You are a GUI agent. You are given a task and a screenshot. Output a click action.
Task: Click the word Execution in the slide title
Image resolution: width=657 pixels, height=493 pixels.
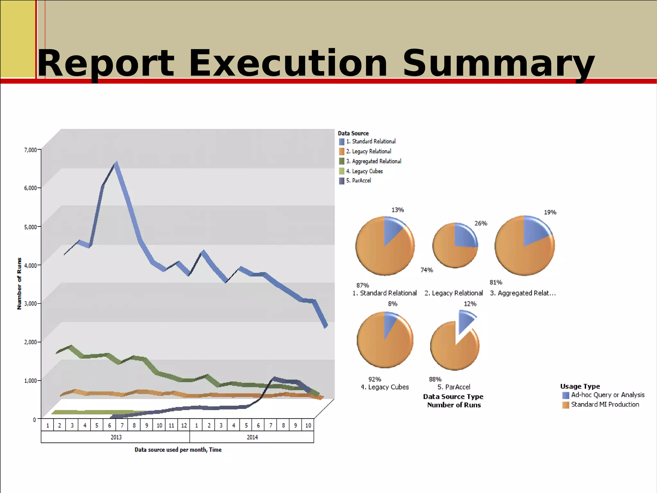click(x=288, y=63)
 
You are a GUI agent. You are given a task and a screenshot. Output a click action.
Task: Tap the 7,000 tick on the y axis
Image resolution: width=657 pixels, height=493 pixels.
click(x=30, y=150)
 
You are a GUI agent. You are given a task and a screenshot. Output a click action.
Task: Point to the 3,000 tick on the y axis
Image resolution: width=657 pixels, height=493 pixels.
click(x=30, y=304)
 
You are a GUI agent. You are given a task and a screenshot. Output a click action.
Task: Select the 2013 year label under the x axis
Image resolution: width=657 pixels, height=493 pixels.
click(x=116, y=437)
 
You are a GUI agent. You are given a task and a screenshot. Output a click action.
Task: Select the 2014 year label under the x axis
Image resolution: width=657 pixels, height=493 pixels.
click(x=252, y=437)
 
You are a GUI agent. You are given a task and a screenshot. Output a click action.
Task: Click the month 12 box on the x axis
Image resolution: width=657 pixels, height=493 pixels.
click(x=184, y=425)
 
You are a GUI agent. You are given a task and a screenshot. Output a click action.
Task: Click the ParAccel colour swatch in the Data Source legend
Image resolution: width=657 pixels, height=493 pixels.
click(x=342, y=181)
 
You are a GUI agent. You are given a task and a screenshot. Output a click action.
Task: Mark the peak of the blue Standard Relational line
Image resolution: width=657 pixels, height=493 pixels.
click(x=116, y=163)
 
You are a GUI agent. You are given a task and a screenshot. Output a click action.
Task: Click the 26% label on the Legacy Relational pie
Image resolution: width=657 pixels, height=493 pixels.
click(x=481, y=223)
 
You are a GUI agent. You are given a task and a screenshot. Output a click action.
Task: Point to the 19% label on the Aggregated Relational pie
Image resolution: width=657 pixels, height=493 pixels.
click(x=550, y=212)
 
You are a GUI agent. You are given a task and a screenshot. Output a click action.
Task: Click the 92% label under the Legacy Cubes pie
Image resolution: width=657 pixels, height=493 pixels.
click(x=374, y=379)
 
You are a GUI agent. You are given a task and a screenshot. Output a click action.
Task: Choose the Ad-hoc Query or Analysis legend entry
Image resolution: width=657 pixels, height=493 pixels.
click(x=607, y=395)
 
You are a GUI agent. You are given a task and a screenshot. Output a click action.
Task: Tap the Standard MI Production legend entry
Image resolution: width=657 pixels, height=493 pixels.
click(x=605, y=404)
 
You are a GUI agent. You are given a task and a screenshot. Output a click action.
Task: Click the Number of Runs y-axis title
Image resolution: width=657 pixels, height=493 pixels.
click(x=19, y=283)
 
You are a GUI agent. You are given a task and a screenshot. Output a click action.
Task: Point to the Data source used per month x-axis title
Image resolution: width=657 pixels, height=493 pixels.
click(x=178, y=450)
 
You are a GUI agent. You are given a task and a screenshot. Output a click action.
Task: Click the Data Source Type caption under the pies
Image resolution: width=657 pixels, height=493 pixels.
click(x=453, y=397)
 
